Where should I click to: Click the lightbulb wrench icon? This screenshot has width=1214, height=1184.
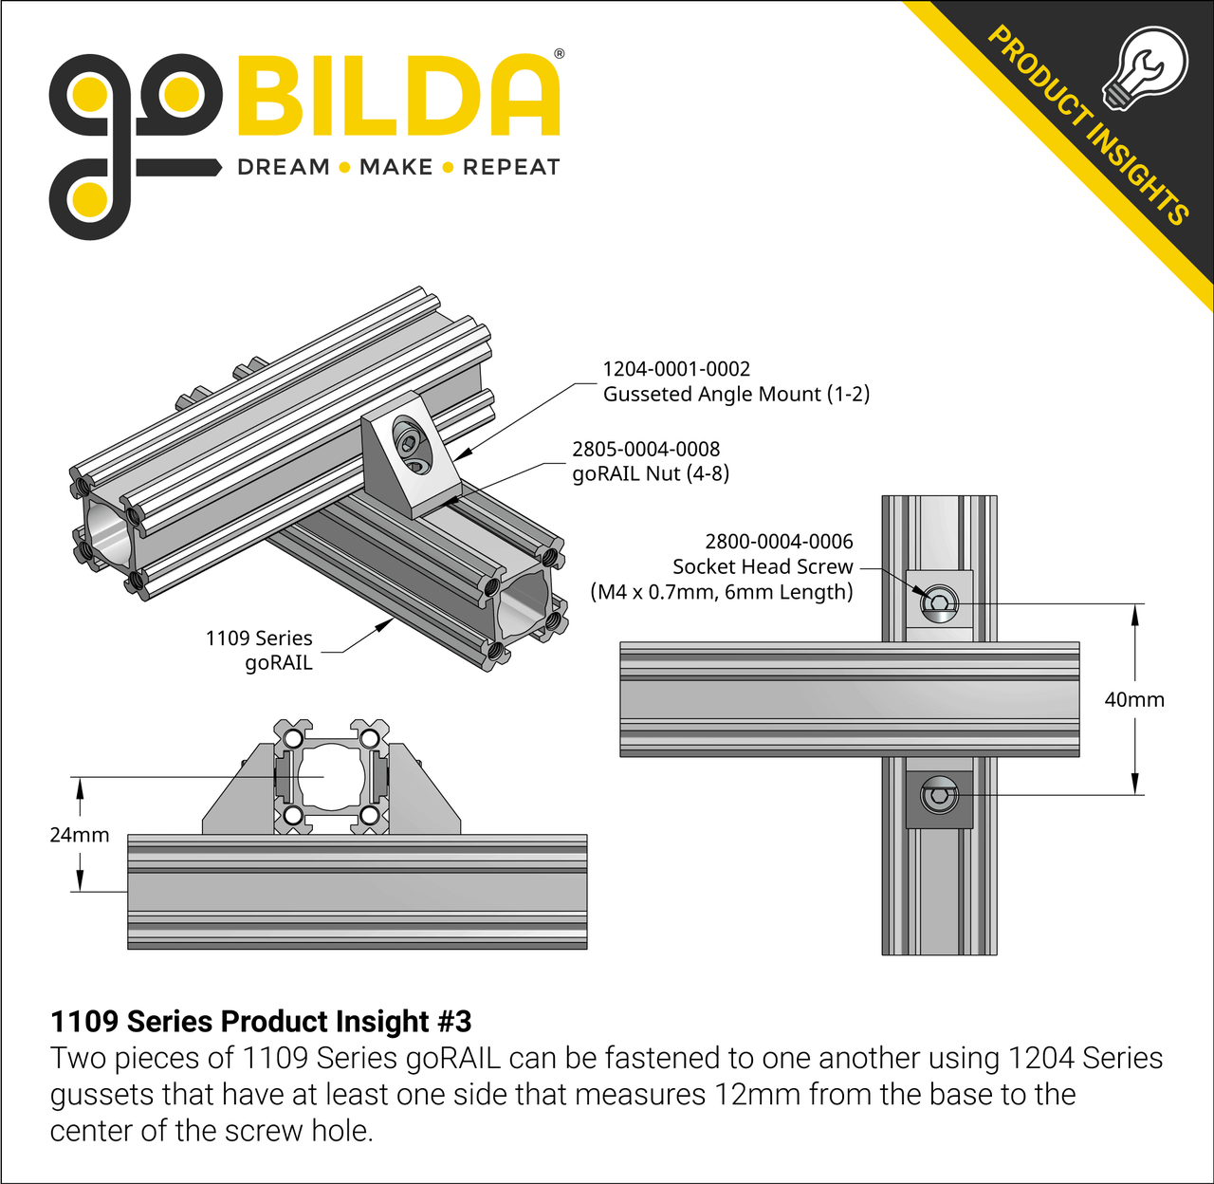coord(1145,69)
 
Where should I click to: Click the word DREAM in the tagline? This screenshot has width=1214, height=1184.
coord(283,168)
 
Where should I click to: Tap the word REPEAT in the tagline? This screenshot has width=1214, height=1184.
coord(511,168)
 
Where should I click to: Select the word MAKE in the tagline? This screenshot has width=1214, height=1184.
coord(395,168)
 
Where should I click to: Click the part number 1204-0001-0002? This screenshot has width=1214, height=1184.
coord(676,369)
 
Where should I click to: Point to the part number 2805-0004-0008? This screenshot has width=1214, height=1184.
coord(646,449)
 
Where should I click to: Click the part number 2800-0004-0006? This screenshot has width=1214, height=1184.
coord(779,542)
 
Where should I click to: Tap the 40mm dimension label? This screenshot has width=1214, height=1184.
coord(1134,700)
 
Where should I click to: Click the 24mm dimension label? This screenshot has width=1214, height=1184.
coord(80,835)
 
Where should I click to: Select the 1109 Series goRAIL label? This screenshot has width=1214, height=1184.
coord(260,650)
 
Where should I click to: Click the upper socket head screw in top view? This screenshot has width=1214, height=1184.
coord(939,602)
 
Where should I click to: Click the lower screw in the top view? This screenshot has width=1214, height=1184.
coord(939,795)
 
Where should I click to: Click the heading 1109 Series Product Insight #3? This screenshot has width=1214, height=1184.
coord(261,1022)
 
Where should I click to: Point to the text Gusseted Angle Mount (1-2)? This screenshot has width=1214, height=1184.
coord(736,394)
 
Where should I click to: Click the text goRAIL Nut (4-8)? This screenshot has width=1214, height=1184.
coord(651,473)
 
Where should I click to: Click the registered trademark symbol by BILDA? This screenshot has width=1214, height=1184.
coord(559,54)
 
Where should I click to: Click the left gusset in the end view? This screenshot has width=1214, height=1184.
coord(237,797)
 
